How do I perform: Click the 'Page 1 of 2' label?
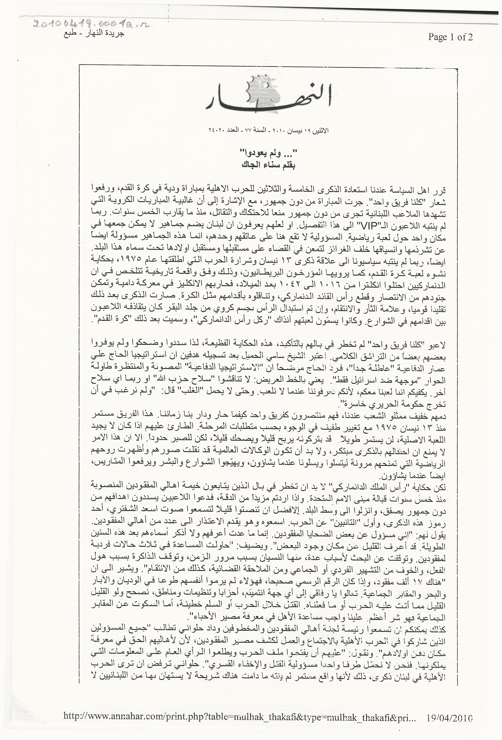click(450, 37)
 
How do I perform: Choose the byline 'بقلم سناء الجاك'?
click(267, 165)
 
